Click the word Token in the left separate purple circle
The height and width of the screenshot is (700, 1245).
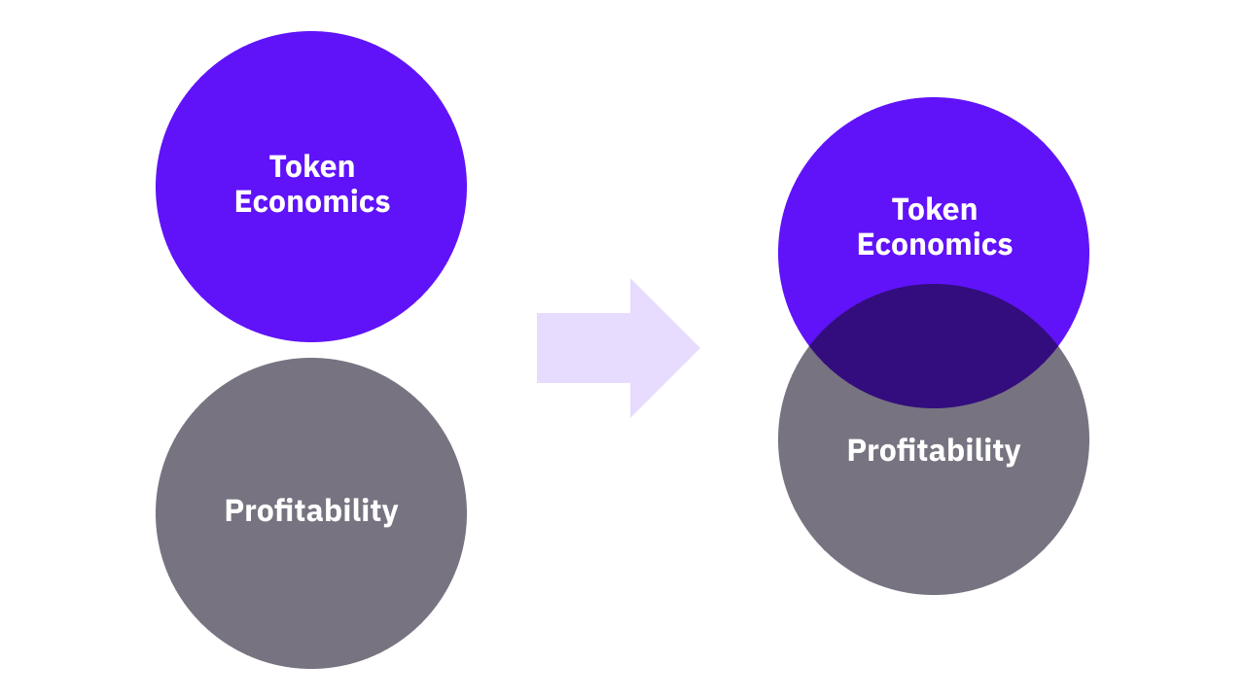pos(312,166)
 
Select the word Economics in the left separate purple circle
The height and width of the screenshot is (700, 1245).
pos(312,201)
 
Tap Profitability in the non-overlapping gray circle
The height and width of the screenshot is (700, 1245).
pos(311,511)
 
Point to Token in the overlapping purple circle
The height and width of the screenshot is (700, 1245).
pos(935,209)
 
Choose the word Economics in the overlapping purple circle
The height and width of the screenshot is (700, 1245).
pos(935,244)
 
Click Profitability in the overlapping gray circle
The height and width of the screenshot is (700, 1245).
pos(934,451)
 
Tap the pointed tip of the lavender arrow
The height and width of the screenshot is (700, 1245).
pos(699,348)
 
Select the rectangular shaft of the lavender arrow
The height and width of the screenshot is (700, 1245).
pos(584,348)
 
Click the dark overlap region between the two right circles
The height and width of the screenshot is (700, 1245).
pos(934,346)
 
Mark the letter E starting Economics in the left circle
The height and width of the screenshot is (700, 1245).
pos(243,201)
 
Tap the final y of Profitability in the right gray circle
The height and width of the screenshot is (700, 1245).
pos(1012,454)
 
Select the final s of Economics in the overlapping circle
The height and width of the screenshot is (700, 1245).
pos(1005,247)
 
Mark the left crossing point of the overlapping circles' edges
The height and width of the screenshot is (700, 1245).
pos(809,346)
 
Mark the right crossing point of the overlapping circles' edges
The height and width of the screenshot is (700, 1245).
pos(1058,346)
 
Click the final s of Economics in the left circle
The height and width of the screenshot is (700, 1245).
pos(382,204)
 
